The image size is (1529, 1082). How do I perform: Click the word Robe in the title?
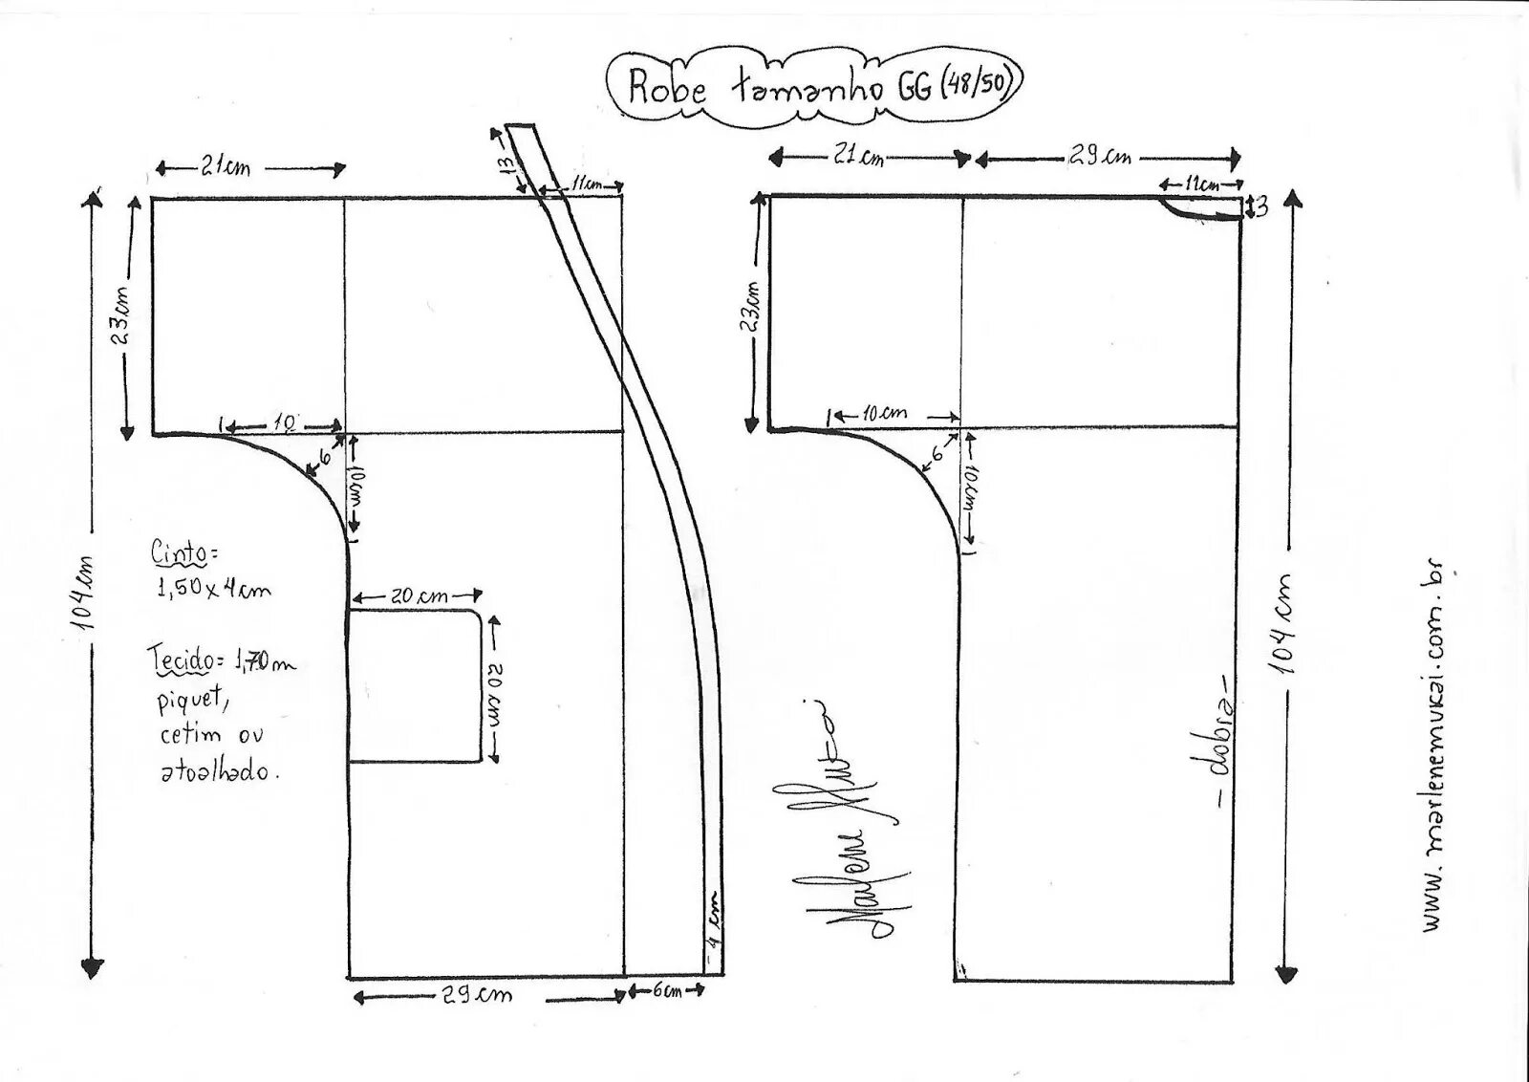(667, 89)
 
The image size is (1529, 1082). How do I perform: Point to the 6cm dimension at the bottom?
(666, 991)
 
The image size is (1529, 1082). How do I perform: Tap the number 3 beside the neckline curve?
(1261, 206)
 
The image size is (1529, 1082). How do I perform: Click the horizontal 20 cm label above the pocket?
(418, 595)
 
